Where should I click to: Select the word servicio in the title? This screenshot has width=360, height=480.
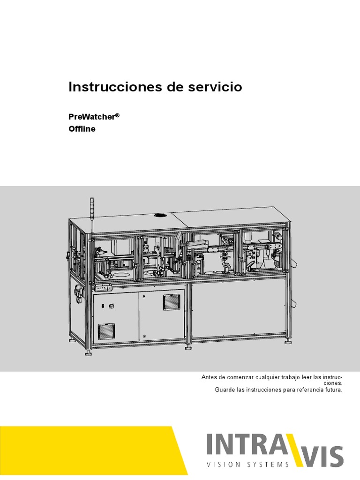tap(217, 87)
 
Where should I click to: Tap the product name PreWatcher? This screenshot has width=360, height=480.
tap(91, 117)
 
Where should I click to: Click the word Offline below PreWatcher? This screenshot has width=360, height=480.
tap(82, 129)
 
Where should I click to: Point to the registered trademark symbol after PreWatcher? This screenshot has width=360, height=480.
tap(118, 114)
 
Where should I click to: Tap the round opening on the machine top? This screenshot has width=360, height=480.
tap(159, 216)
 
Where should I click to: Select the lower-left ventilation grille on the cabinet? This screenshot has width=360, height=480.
tap(105, 331)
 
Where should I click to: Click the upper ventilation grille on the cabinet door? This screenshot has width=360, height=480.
tap(171, 302)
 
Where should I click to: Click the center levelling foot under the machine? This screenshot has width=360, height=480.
tap(188, 347)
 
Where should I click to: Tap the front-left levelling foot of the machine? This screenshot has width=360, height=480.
tap(88, 353)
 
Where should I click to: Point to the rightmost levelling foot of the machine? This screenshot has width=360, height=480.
tap(287, 342)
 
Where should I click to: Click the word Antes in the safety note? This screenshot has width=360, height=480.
tap(210, 377)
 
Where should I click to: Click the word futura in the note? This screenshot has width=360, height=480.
tap(333, 390)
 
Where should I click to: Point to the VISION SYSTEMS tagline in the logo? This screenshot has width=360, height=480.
tap(248, 465)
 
